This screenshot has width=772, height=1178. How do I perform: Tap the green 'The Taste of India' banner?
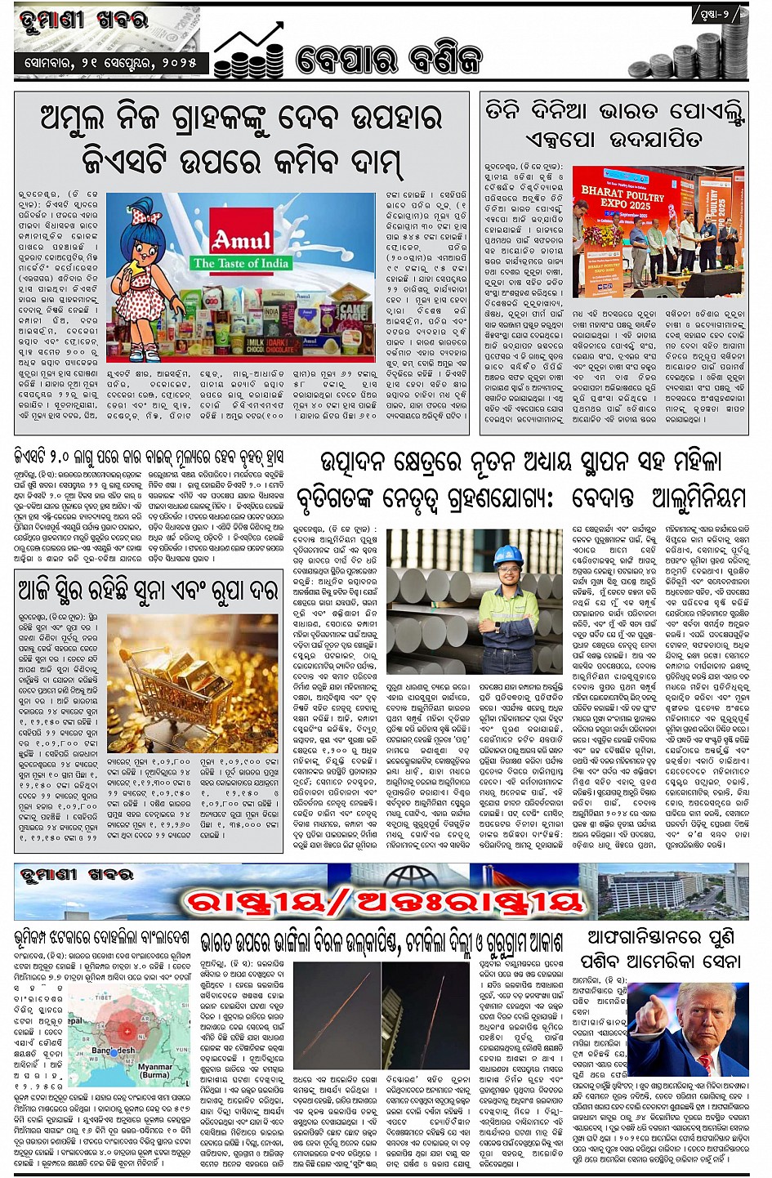(240, 263)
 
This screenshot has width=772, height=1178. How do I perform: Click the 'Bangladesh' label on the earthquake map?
(114, 1050)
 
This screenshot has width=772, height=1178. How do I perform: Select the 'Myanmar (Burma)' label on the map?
(154, 1070)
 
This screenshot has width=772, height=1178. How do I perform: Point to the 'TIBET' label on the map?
(103, 997)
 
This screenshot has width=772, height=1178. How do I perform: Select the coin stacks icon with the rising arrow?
(248, 54)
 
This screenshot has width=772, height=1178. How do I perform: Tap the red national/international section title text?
(386, 902)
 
